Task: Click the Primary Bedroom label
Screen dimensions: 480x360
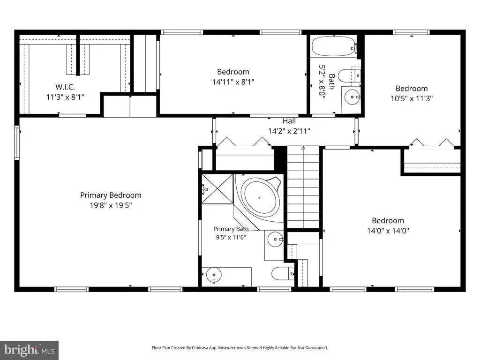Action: (x=111, y=195)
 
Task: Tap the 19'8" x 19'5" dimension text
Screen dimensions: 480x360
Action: (x=111, y=205)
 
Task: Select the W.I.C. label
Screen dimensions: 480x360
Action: (x=65, y=87)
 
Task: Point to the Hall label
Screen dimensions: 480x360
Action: (x=289, y=121)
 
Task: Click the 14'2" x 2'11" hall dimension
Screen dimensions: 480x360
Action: (x=289, y=131)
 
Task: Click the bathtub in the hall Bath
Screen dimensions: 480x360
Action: (x=334, y=46)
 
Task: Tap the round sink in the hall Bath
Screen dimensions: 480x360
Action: (x=352, y=97)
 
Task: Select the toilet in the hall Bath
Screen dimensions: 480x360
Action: (x=349, y=75)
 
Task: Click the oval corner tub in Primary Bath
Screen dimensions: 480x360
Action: (x=261, y=198)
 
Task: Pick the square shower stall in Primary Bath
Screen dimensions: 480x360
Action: (x=217, y=188)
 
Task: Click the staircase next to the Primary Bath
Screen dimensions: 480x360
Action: (x=303, y=187)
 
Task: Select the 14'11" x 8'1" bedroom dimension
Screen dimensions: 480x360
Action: (x=233, y=82)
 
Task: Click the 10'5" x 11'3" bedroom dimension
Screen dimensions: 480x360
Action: (x=412, y=98)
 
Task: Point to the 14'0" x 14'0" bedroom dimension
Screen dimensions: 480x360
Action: (x=388, y=231)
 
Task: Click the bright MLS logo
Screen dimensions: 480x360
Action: (x=30, y=350)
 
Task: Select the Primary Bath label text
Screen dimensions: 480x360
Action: (x=231, y=229)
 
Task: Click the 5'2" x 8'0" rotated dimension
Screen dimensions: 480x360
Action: (x=322, y=80)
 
